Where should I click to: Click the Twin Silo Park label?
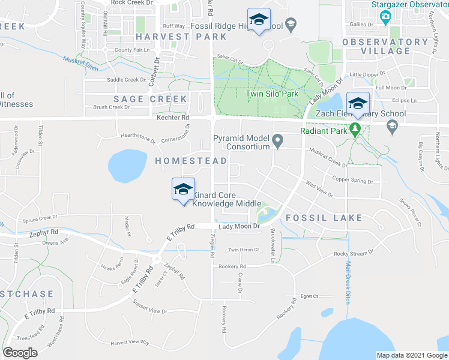click(272, 94)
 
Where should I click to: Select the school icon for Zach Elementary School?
click(358, 103)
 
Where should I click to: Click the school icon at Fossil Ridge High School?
click(259, 20)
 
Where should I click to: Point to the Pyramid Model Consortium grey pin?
click(277, 142)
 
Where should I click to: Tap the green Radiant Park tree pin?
click(355, 129)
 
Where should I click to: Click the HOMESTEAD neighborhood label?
click(191, 161)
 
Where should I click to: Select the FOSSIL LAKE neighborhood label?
click(324, 217)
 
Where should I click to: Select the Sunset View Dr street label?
click(149, 310)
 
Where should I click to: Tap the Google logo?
click(20, 352)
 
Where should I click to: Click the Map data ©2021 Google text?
click(412, 355)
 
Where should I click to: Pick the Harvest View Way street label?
click(130, 343)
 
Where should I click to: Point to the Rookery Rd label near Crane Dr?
click(232, 266)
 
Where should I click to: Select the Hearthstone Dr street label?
click(138, 139)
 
